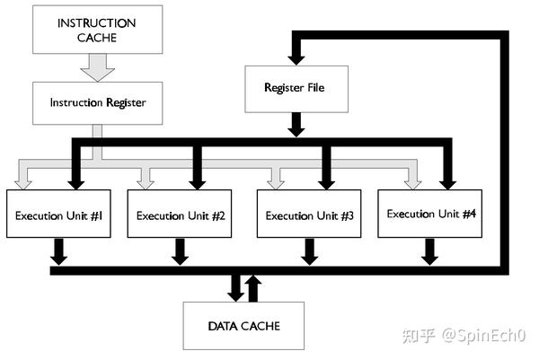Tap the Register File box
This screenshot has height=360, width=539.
[x=294, y=88]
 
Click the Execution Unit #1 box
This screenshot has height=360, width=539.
[x=59, y=215]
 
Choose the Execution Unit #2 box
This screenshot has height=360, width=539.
[x=181, y=215]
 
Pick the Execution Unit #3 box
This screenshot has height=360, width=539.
[x=309, y=215]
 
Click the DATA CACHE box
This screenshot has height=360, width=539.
[x=244, y=325]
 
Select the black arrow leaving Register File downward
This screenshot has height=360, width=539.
[x=294, y=123]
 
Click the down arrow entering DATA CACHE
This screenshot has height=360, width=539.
[x=235, y=288]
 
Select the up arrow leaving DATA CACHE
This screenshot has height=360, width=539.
[x=254, y=287]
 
